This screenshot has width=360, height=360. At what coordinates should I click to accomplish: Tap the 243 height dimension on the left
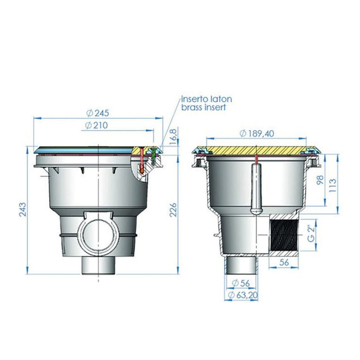coord(23,209)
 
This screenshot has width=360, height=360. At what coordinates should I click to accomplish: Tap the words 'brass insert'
coord(203,108)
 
